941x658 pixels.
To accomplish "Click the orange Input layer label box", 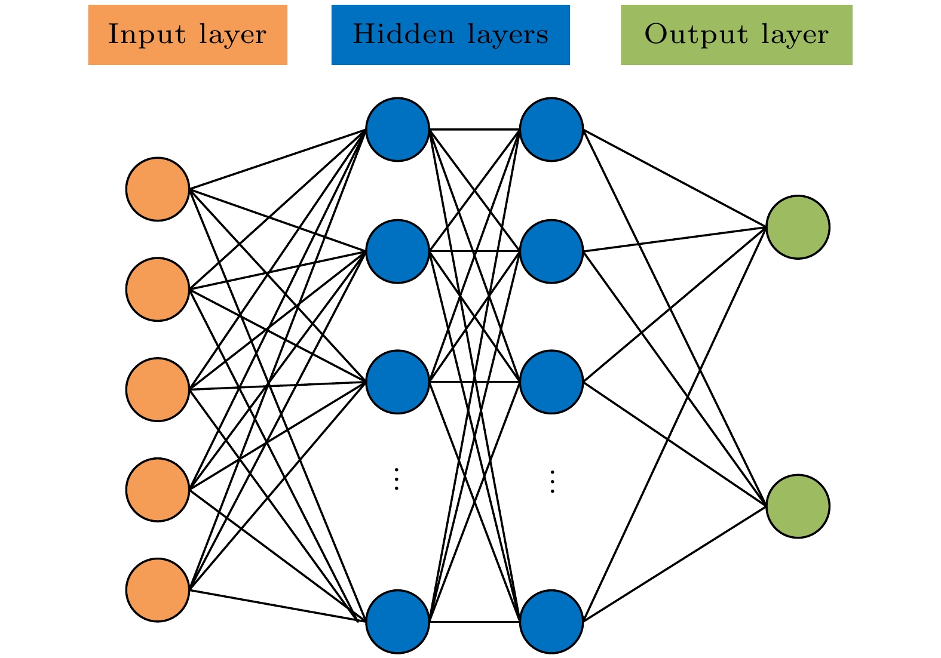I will point(188,35).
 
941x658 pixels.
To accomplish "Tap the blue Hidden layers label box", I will point(450,35).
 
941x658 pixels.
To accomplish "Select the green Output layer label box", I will point(736,35).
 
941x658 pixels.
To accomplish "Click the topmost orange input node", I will point(158,189).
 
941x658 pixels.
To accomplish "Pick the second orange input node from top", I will point(158,290).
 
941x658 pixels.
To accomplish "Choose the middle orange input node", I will point(158,390).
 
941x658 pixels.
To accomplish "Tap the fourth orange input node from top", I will point(158,490).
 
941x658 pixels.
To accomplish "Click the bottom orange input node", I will point(158,590).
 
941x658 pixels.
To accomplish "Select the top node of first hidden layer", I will point(398,130).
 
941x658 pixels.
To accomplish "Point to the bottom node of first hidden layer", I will point(398,622).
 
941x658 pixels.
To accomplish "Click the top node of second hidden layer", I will point(551,130).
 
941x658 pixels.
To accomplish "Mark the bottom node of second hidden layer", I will point(551,622).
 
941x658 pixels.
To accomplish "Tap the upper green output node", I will point(798,227).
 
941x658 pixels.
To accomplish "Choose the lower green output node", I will point(798,506).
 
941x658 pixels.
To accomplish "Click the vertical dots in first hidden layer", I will point(396,479).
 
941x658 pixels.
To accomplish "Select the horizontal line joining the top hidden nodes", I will point(474,129).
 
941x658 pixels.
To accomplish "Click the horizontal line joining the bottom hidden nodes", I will point(474,622).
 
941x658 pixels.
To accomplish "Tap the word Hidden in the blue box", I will point(403,34).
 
